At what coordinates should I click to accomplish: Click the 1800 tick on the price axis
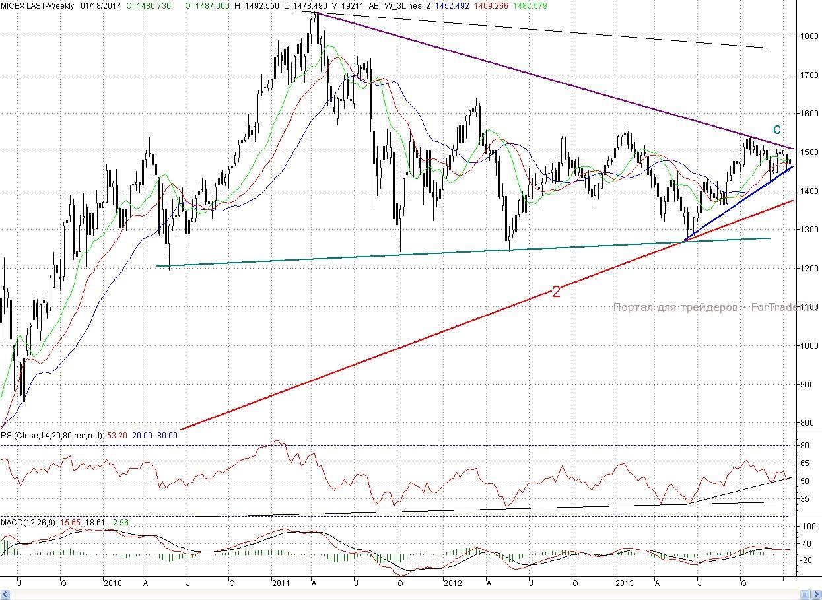(807, 36)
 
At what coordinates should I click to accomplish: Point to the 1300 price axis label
(807, 230)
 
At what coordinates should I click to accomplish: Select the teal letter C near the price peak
(777, 130)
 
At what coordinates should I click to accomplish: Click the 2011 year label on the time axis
(281, 583)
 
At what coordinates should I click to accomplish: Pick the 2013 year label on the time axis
(624, 583)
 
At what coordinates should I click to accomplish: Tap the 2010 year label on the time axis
(113, 583)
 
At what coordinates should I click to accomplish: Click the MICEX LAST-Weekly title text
(37, 5)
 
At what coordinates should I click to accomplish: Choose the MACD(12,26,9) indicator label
(28, 523)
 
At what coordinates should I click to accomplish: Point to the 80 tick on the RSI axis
(805, 446)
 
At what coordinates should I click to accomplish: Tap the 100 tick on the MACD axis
(807, 527)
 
